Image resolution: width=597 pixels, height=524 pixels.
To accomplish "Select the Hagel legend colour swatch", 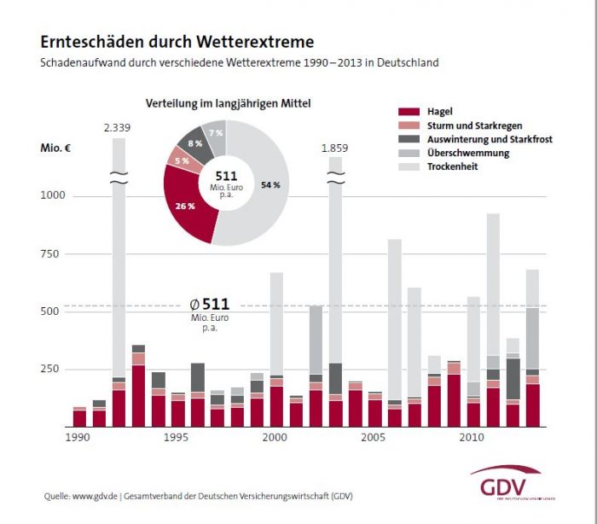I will (x=410, y=112).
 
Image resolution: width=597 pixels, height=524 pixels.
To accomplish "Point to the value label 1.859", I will (x=334, y=148).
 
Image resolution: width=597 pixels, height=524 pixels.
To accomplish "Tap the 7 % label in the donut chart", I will (x=215, y=134).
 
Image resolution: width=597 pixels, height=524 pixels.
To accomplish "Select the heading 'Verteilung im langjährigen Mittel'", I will (x=228, y=104).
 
